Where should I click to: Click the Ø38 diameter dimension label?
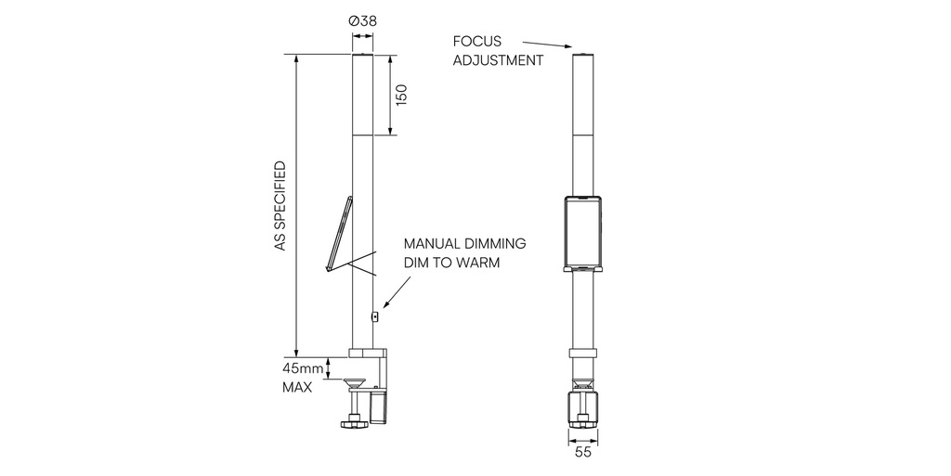[x=362, y=20]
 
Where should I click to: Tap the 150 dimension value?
[x=401, y=95]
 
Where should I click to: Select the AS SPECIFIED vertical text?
[x=280, y=206]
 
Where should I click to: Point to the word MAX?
[x=297, y=387]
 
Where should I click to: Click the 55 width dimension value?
[x=582, y=454]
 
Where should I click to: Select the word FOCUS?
[x=477, y=41]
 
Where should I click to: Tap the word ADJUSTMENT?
[x=498, y=60]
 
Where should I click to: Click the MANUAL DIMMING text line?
[x=464, y=243]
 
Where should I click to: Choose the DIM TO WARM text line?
[x=451, y=263]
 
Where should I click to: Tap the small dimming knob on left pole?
[x=374, y=316]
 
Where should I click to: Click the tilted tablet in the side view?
[x=339, y=233]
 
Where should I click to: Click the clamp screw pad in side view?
[x=353, y=380]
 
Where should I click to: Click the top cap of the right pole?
[x=582, y=57]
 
